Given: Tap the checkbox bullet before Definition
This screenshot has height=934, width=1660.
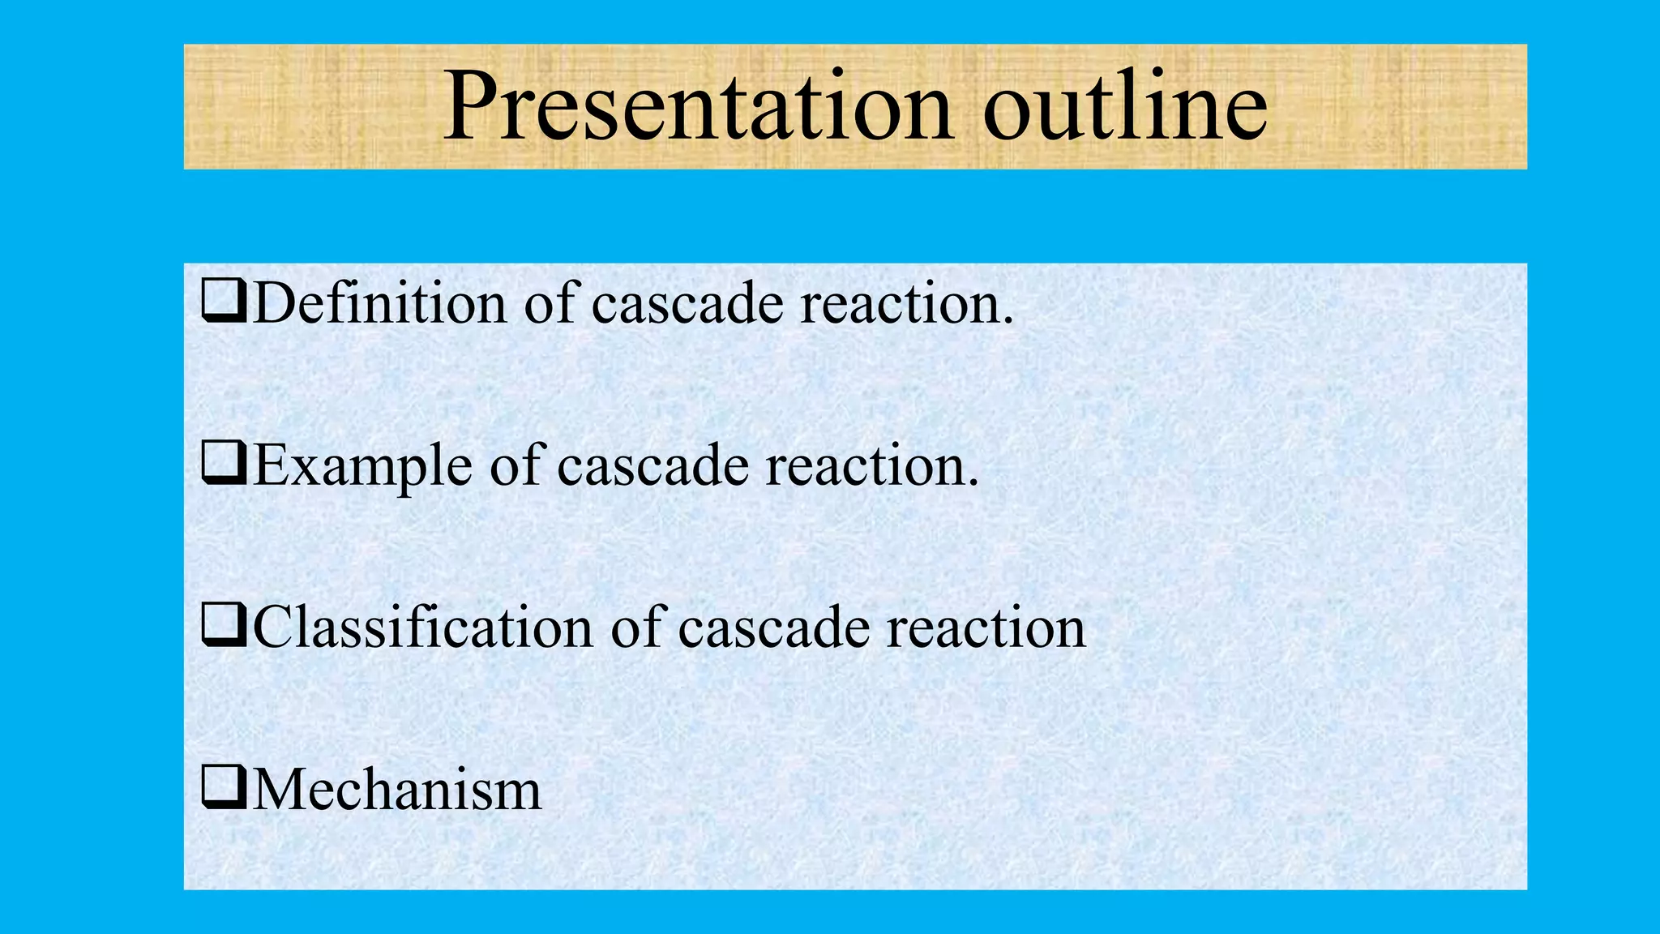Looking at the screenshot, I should click(x=224, y=302).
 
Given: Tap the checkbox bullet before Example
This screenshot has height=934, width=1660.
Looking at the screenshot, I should click(x=224, y=465).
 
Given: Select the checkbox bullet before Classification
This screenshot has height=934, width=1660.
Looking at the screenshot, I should click(x=224, y=627).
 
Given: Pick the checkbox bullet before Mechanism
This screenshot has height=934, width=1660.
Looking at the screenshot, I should click(x=224, y=789).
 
